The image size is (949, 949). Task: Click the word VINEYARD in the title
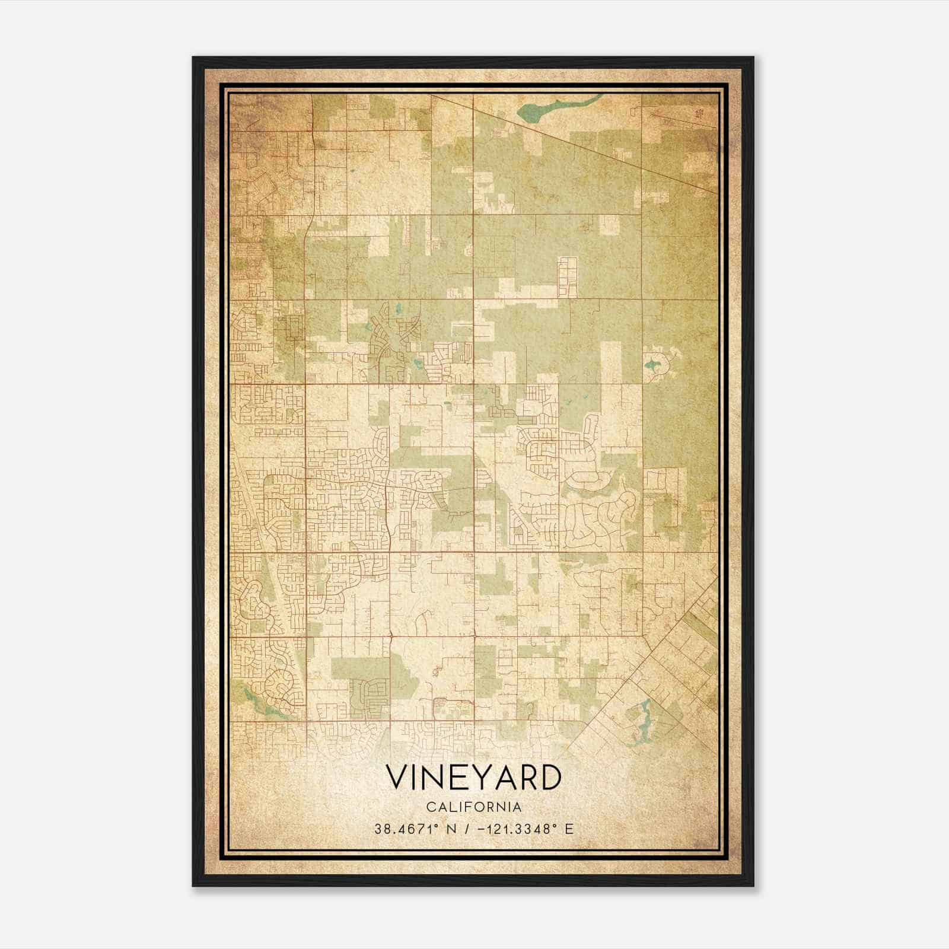[473, 778]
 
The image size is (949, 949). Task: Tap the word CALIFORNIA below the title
[473, 807]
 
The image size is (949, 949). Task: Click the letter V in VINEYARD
[397, 778]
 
